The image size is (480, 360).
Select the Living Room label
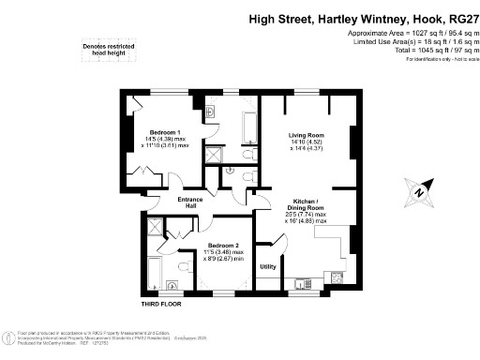[x=306, y=136]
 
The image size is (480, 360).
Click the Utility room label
[x=267, y=267]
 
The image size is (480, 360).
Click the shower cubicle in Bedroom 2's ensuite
[x=156, y=228]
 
